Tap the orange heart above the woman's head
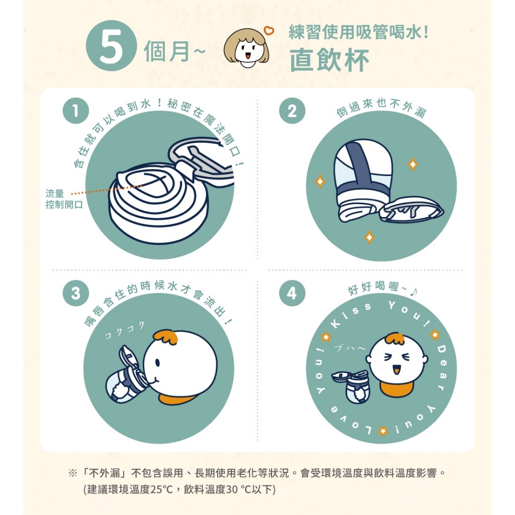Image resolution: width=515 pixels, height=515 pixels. (x=269, y=31)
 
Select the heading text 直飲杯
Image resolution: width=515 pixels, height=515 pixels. (x=329, y=60)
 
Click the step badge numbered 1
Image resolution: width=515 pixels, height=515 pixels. (x=76, y=111)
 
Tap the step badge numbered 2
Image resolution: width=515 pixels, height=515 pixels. (x=292, y=111)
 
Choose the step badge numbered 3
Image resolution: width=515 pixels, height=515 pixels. (x=76, y=293)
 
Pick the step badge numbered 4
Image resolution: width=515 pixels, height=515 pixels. (x=292, y=293)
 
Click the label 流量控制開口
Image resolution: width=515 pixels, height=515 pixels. (x=64, y=199)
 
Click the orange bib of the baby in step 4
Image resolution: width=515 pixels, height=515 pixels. (x=397, y=388)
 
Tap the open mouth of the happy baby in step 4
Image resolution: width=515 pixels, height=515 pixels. (x=397, y=370)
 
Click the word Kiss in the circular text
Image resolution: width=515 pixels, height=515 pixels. (x=351, y=315)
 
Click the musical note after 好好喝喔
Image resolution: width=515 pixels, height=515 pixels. (x=414, y=291)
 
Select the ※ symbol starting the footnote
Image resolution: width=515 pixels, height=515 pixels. (x=72, y=473)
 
